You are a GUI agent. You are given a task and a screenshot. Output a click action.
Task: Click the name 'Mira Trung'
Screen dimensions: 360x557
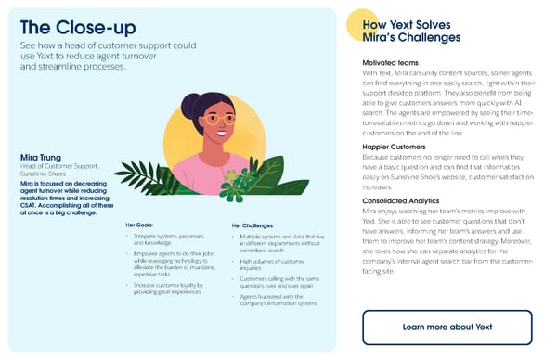[x=41, y=157]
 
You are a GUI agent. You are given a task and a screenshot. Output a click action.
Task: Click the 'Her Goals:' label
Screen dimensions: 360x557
[x=143, y=225]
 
